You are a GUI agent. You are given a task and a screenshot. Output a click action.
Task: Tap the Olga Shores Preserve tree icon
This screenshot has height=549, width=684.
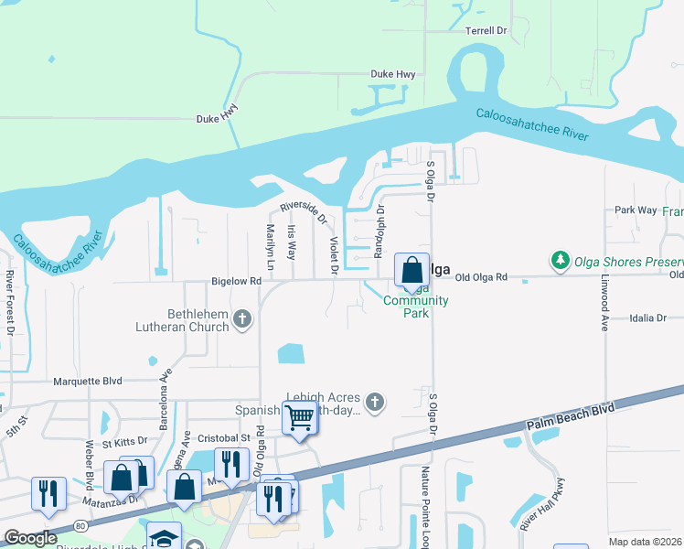tap(561, 261)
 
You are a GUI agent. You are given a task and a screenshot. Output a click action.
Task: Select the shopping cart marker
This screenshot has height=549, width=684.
tap(300, 418)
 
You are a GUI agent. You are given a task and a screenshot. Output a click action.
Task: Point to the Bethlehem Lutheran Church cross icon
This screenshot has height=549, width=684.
tap(241, 319)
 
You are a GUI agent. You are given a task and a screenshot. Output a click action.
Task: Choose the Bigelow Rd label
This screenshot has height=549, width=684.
tap(236, 282)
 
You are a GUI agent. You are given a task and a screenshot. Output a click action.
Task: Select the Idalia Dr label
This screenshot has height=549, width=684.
tap(649, 318)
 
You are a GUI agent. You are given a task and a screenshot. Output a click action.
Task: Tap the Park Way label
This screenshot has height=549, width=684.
tap(636, 210)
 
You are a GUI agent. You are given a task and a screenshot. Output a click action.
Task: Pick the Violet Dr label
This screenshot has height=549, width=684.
tap(334, 254)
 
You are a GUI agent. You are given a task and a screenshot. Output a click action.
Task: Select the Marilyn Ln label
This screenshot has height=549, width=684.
tap(270, 246)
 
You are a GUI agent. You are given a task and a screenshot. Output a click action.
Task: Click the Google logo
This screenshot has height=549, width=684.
tap(30, 538)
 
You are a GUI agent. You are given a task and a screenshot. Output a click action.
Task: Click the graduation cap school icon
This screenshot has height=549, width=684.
tap(165, 537)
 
